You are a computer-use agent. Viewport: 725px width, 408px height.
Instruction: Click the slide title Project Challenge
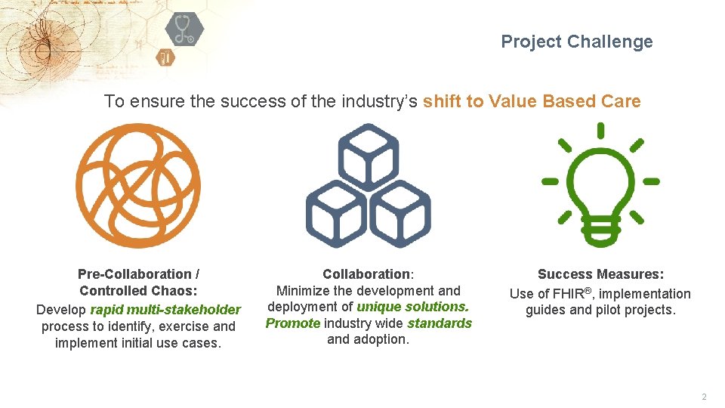point(577,42)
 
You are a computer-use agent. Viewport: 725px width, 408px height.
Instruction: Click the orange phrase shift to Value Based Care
point(532,101)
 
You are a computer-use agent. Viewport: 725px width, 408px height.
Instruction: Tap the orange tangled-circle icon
point(137,185)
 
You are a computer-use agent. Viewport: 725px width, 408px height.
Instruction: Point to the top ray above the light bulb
point(600,131)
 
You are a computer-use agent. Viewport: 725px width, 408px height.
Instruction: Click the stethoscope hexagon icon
point(184,29)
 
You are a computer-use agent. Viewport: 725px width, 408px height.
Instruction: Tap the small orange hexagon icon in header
point(165,57)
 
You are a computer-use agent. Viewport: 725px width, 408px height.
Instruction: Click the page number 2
point(704,397)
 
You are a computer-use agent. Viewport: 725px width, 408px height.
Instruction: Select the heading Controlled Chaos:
point(138,291)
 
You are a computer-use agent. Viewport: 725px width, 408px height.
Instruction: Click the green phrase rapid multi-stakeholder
point(165,310)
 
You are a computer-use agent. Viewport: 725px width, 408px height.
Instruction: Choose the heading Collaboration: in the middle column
point(368,274)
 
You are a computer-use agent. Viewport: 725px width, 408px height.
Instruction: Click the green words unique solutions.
point(412,307)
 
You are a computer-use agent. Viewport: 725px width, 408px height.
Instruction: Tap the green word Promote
point(293,323)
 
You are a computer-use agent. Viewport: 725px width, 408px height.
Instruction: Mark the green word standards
point(440,323)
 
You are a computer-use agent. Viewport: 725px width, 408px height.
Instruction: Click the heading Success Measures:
point(600,274)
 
